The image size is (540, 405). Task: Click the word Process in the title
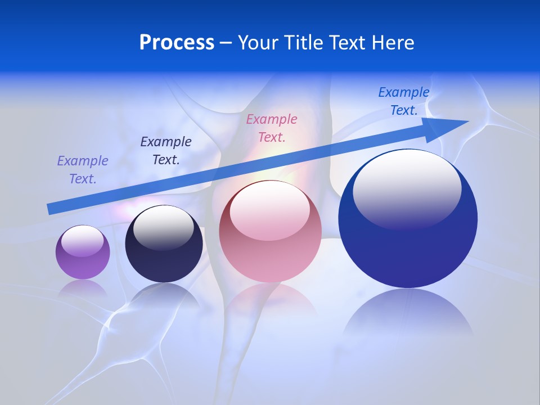coord(177,42)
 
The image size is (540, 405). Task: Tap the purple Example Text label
coord(83,170)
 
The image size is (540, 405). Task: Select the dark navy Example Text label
coord(166,151)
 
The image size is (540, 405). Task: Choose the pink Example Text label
coord(272,128)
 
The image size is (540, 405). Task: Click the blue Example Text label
coord(404,101)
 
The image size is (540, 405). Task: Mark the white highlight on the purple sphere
coord(82,241)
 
